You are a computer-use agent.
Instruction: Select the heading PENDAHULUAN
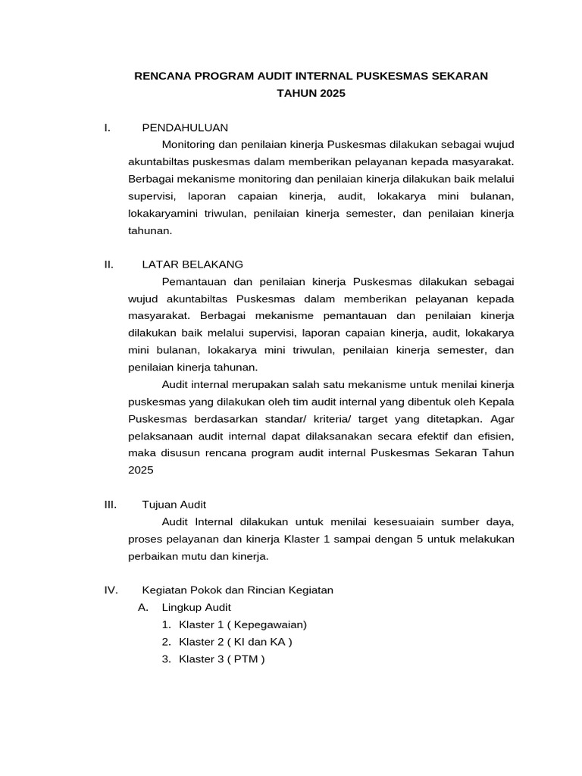[185, 127]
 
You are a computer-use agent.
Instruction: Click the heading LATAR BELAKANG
[192, 264]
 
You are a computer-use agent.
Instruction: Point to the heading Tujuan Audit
[174, 504]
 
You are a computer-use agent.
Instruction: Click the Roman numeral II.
[108, 264]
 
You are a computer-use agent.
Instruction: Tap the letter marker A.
[142, 607]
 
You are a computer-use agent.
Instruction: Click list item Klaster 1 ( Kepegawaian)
[242, 624]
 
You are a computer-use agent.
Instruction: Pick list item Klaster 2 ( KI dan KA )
[235, 642]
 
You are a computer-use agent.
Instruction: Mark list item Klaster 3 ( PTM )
[221, 659]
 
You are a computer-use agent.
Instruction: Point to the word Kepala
[497, 401]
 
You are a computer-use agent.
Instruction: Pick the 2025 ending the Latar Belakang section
[140, 470]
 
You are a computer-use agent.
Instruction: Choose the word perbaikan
[152, 555]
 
